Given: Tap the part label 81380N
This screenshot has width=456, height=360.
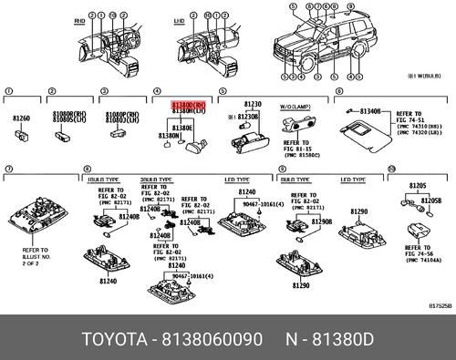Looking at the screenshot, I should tap(170, 136).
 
